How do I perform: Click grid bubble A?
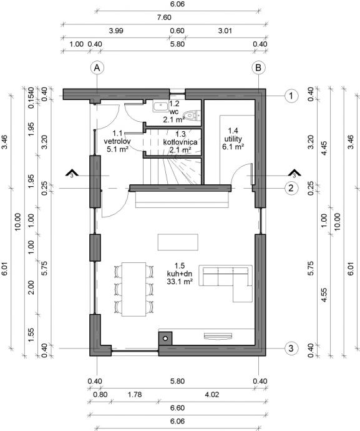97,68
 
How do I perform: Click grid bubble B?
258,68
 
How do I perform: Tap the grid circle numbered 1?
291,96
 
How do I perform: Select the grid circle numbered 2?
291,188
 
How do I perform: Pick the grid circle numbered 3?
291,349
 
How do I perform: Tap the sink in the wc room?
160,106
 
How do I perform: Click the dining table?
134,289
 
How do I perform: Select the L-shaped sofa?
226,283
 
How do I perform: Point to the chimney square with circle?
165,338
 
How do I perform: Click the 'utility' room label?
233,138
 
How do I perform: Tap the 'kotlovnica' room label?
180,142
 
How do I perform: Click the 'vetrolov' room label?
117,141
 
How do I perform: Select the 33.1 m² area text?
179,282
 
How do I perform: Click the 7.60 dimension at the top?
164,17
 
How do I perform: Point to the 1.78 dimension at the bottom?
135,394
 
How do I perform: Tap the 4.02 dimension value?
212,394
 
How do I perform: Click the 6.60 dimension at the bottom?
177,407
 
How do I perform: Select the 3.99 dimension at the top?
116,31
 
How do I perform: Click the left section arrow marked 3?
72,173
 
